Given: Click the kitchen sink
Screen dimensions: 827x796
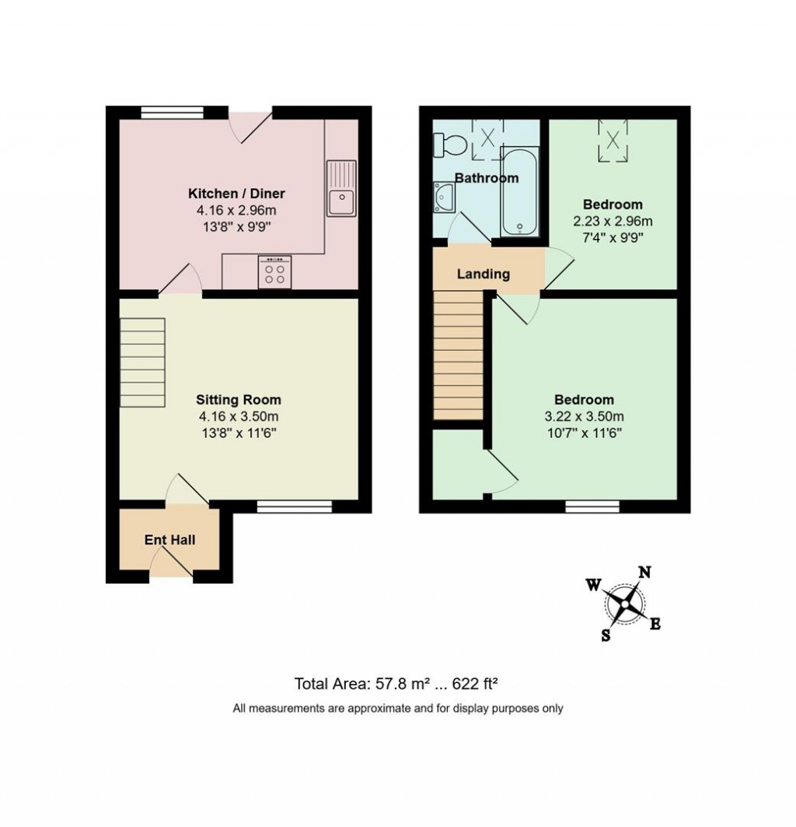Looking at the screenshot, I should pyautogui.click(x=340, y=189).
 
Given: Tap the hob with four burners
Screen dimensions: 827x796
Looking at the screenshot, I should pyautogui.click(x=274, y=272).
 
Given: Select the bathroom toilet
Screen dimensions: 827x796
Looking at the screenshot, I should pyautogui.click(x=448, y=143).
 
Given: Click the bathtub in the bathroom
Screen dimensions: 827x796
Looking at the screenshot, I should pyautogui.click(x=519, y=190).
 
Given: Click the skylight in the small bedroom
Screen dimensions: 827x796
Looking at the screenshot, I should pyautogui.click(x=613, y=139).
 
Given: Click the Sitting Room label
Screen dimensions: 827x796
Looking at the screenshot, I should pyautogui.click(x=238, y=400).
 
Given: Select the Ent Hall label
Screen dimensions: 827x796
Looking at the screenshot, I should pyautogui.click(x=169, y=539).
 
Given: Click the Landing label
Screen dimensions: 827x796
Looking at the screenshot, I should pyautogui.click(x=483, y=274).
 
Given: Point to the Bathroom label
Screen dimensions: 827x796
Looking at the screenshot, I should pyautogui.click(x=486, y=178).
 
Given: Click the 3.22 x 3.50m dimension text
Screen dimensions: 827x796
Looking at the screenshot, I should pyautogui.click(x=585, y=416).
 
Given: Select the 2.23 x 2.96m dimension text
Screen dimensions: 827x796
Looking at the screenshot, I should pyautogui.click(x=613, y=220).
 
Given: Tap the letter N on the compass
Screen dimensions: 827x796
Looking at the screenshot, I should pyautogui.click(x=644, y=573).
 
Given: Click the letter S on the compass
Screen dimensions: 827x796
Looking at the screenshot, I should pyautogui.click(x=606, y=635).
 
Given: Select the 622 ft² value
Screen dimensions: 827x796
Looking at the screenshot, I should pyautogui.click(x=474, y=685).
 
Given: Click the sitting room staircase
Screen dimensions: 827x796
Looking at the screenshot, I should pyautogui.click(x=143, y=364).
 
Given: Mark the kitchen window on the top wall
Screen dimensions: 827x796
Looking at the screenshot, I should pyautogui.click(x=169, y=112).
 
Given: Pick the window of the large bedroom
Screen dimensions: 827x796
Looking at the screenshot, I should pyautogui.click(x=592, y=506).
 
